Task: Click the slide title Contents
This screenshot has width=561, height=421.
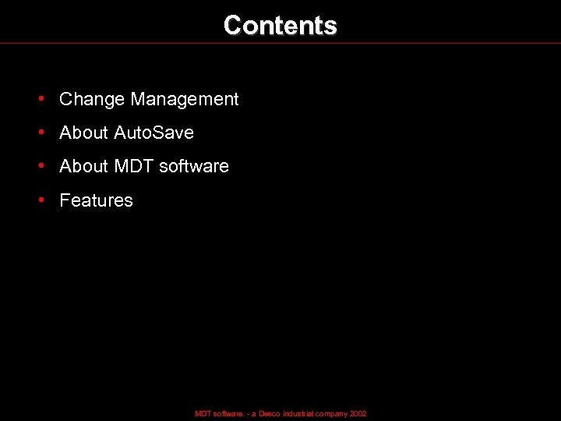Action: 280,25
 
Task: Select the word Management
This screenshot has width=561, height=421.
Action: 185,99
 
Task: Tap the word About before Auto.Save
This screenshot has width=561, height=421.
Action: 83,133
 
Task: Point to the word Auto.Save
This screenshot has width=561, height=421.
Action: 153,133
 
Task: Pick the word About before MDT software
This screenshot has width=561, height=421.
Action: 83,166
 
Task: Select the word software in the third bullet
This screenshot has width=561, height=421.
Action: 194,166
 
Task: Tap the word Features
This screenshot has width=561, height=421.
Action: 96,200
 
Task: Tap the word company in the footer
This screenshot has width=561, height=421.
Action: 332,414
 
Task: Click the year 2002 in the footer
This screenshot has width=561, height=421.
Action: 358,414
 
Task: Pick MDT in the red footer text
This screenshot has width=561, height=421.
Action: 202,414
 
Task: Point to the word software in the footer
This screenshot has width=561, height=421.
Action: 227,414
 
